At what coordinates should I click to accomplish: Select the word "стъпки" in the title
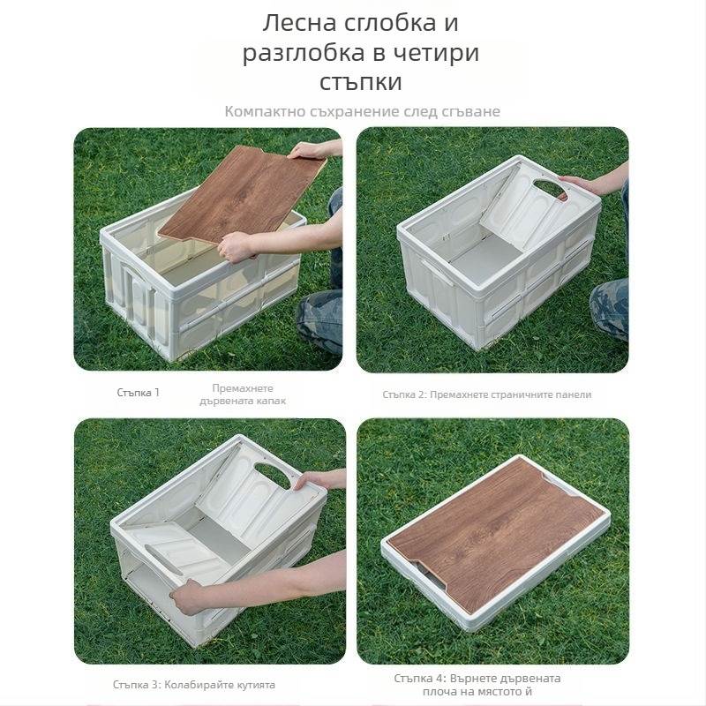pyautogui.click(x=361, y=82)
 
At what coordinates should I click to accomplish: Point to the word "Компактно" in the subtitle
pyautogui.click(x=266, y=111)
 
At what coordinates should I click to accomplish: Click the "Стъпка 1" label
pyautogui.click(x=139, y=392)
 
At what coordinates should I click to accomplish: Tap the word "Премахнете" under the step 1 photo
pyautogui.click(x=243, y=388)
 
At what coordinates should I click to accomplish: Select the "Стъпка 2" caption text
pyautogui.click(x=404, y=394)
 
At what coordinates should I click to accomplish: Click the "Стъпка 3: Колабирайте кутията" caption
pyautogui.click(x=194, y=685)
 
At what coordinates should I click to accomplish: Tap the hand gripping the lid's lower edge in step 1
pyautogui.click(x=237, y=246)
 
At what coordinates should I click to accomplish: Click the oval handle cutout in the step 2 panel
pyautogui.click(x=551, y=189)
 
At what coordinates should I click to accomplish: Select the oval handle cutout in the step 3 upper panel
pyautogui.click(x=273, y=475)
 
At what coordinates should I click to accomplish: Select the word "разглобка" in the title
pyautogui.click(x=304, y=53)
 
